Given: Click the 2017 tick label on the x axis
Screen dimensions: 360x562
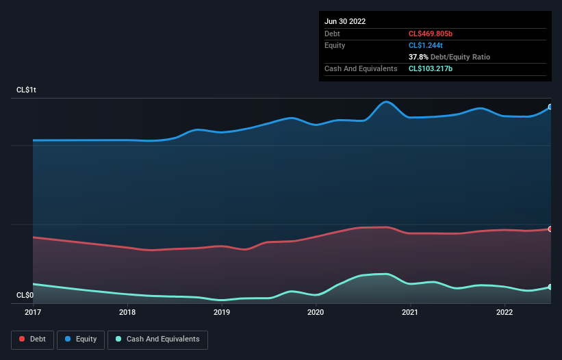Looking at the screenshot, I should click(x=32, y=312).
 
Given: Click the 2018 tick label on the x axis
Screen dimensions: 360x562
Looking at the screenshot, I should click(x=127, y=312).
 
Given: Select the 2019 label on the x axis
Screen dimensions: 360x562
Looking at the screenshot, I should click(x=221, y=312).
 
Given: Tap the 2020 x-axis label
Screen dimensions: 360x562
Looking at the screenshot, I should click(x=316, y=312).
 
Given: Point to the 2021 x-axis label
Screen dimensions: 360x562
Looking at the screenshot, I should click(x=410, y=312).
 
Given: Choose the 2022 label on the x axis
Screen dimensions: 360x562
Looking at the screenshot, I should click(x=504, y=312).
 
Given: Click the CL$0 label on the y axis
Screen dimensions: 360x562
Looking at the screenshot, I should click(x=25, y=295).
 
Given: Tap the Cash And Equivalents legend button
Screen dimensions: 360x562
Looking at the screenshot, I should click(x=157, y=339).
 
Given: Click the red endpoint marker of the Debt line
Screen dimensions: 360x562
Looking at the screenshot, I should click(x=550, y=229).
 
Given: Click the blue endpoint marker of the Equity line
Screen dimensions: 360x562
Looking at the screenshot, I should click(x=550, y=107).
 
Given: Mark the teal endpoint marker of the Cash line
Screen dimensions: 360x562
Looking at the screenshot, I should click(x=550, y=287).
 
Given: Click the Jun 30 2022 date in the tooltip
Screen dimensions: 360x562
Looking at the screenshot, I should click(x=345, y=21).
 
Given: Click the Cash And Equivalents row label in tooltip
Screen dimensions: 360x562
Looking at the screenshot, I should click(x=361, y=68).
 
